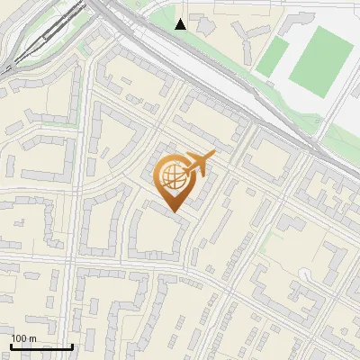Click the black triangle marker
click(181, 24)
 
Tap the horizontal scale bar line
click(41, 346)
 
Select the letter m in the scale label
click(31, 338)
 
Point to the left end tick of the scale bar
click(11, 345)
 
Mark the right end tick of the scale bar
click(72, 345)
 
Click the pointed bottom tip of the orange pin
click(175, 213)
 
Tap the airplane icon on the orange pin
click(198, 164)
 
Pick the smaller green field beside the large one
click(272, 56)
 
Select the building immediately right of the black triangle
click(204, 27)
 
